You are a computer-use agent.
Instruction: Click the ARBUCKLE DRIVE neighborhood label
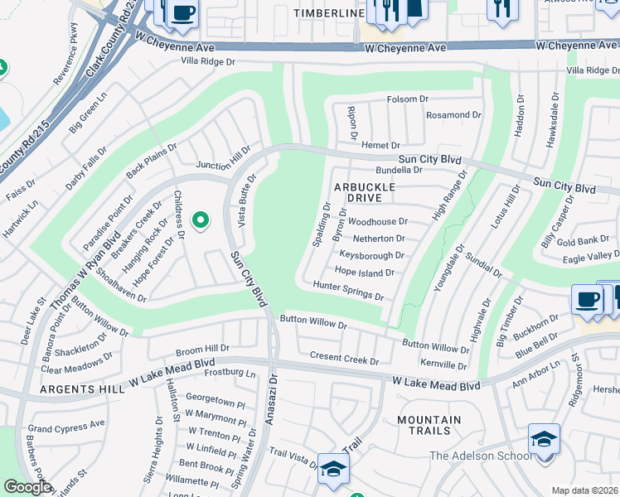click(x=365, y=193)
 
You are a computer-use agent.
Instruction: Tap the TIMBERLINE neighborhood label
click(x=329, y=14)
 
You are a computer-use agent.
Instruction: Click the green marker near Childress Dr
click(x=200, y=220)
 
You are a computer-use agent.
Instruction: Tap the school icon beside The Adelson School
click(x=544, y=438)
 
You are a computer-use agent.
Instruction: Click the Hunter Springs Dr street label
click(x=348, y=290)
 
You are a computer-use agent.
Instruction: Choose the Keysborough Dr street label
click(x=372, y=256)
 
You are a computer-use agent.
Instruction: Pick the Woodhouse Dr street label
click(x=378, y=222)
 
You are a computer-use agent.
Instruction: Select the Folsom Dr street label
click(x=408, y=99)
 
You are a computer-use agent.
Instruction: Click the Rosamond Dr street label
click(x=453, y=115)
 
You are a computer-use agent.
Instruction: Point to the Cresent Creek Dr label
click(x=343, y=358)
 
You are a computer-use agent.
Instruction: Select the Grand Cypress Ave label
click(x=66, y=426)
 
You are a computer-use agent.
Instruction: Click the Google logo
click(x=27, y=487)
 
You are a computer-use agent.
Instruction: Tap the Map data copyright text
click(x=584, y=490)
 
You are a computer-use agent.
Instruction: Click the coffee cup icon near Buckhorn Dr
click(x=588, y=300)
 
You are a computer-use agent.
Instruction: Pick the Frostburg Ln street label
click(x=227, y=374)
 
